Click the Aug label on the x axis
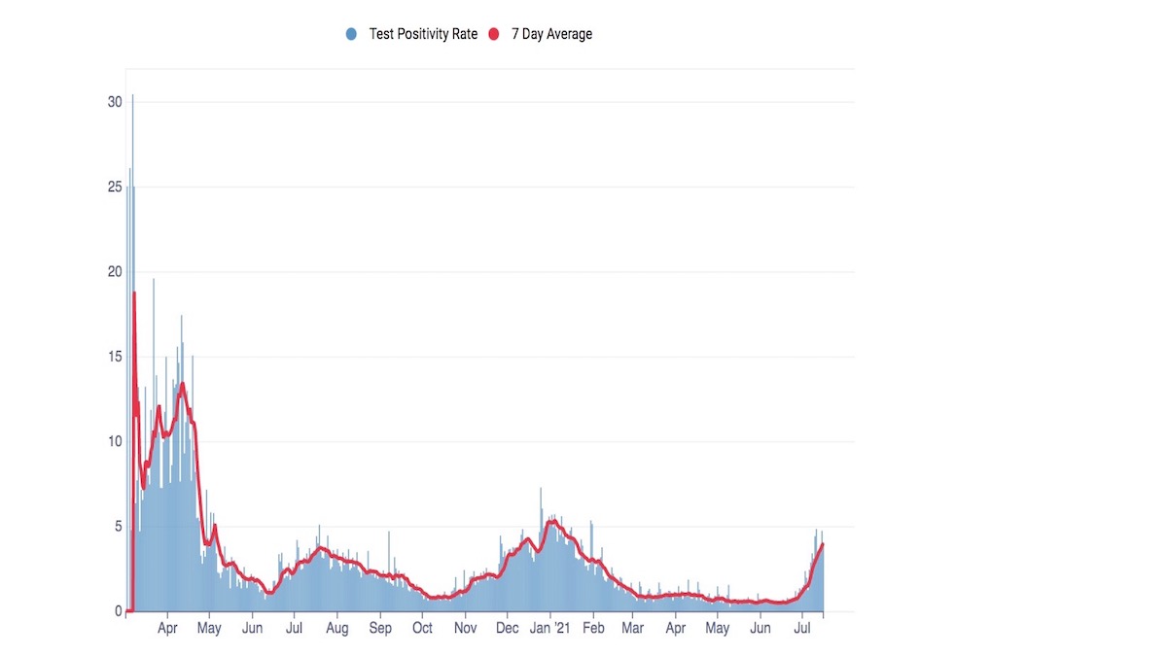(x=337, y=629)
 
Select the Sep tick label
(x=380, y=629)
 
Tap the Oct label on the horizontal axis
(x=422, y=629)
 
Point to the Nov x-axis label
(x=465, y=629)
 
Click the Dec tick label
(x=507, y=629)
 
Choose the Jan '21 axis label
(x=549, y=629)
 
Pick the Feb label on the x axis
(x=593, y=629)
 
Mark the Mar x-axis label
(x=632, y=629)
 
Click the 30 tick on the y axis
(x=115, y=102)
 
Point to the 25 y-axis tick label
(x=115, y=187)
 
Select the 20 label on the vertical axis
(x=115, y=272)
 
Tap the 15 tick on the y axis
(x=115, y=357)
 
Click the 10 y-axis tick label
(x=115, y=441)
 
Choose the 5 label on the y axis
(x=118, y=527)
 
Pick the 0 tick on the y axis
(x=118, y=611)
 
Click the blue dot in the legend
(x=351, y=34)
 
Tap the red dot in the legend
(x=493, y=34)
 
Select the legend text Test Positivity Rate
(x=423, y=34)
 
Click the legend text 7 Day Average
(x=551, y=34)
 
